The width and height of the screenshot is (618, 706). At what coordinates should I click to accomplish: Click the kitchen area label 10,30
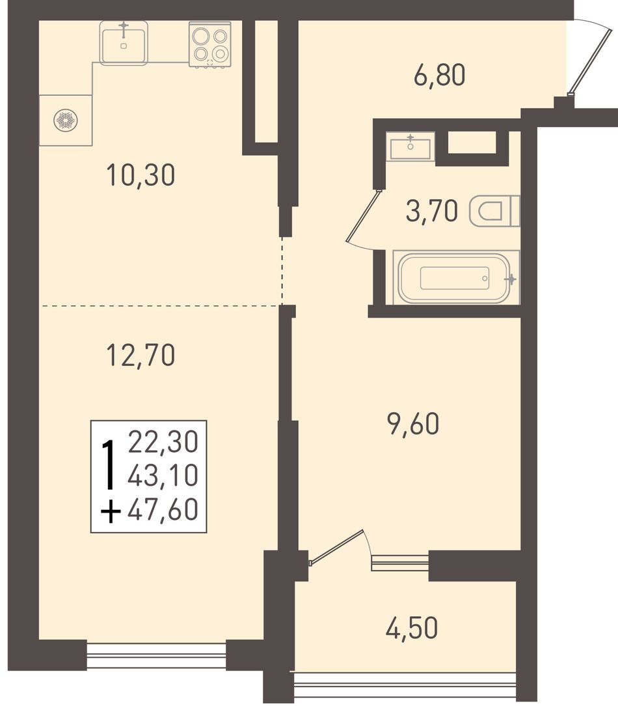141,175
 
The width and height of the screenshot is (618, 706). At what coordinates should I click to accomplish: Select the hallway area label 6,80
440,75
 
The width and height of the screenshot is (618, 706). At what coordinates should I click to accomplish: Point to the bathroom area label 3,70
432,211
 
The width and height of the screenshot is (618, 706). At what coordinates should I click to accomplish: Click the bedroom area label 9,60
413,424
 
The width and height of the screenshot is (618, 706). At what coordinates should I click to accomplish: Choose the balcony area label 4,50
412,628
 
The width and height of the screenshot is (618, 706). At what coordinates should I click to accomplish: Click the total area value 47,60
163,510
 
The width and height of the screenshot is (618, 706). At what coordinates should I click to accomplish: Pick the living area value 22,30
163,442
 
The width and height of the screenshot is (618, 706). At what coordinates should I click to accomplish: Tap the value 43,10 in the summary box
163,475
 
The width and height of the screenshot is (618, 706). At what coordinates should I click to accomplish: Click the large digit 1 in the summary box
108,464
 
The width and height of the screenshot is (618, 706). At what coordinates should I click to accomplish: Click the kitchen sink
124,43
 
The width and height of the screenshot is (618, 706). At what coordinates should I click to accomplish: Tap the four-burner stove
210,44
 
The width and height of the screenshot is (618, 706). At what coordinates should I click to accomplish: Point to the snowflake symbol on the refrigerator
65,120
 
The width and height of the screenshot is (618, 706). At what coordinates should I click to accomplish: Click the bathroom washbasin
410,146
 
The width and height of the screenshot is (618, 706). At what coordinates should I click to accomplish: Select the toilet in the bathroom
494,211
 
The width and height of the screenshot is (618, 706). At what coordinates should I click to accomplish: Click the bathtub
456,277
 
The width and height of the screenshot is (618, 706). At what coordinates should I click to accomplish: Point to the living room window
156,656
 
